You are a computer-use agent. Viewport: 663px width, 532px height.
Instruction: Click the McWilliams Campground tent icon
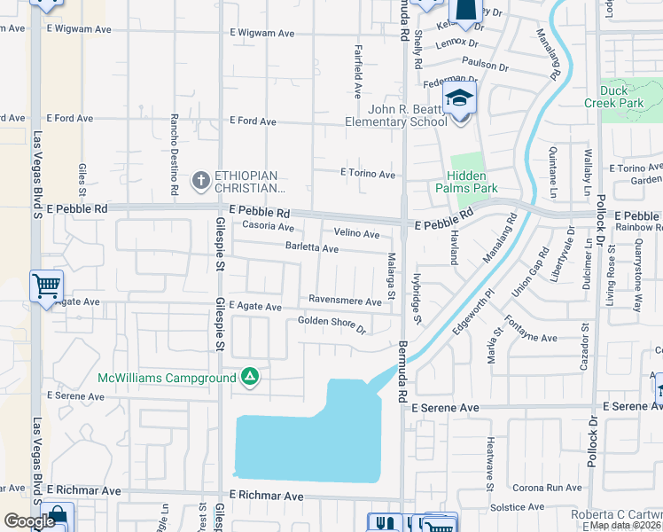(251, 378)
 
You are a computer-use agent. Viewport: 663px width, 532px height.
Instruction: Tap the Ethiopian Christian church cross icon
(200, 181)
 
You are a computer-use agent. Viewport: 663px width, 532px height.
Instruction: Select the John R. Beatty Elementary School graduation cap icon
(460, 98)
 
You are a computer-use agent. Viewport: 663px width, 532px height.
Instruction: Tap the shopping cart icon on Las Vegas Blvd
(46, 286)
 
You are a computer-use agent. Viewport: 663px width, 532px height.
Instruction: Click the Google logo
(29, 521)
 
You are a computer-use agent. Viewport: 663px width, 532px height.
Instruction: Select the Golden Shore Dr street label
(331, 325)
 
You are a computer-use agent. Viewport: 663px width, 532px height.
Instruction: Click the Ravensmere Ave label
(345, 301)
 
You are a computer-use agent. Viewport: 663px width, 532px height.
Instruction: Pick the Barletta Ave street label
(311, 248)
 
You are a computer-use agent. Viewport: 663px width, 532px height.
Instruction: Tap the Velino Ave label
(356, 234)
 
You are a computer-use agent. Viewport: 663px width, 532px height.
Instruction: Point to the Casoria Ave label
(269, 227)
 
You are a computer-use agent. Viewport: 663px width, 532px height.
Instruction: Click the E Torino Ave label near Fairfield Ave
(368, 175)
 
